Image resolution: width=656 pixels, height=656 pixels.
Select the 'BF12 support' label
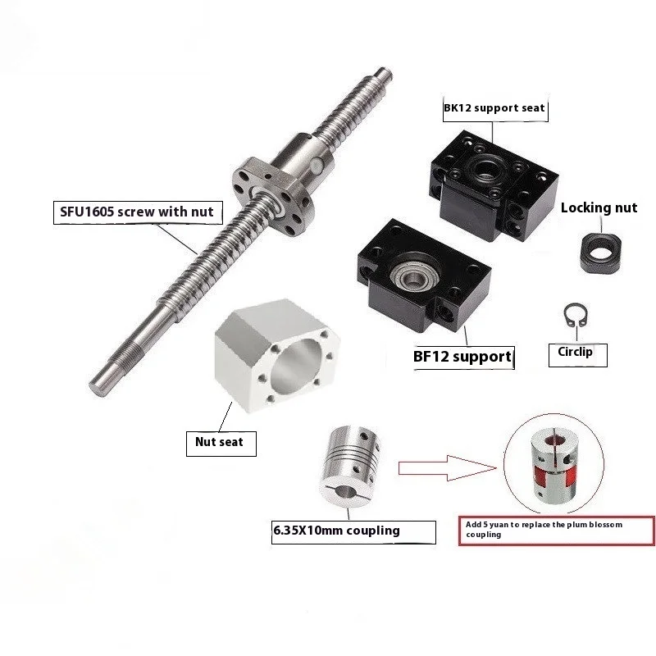462,358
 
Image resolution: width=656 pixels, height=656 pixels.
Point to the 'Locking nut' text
599,207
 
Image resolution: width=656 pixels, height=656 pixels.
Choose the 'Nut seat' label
219,442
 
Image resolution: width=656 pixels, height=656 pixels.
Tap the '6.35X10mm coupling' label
347,531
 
